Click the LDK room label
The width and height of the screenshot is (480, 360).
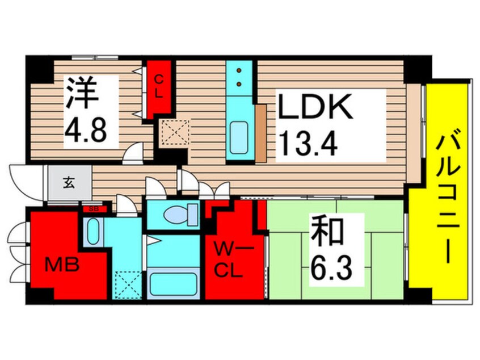coord(315,106)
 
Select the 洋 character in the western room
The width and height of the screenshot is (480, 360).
coord(82,93)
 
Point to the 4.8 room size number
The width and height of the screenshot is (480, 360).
coord(86,130)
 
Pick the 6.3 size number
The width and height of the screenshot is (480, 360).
coord(332,267)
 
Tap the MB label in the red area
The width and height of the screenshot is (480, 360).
coord(62,265)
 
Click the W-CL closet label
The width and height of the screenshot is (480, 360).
coord(230,259)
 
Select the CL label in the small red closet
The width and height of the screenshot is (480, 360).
coord(158,87)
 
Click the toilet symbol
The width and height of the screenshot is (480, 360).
coord(180,215)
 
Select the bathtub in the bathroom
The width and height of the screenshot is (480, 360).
coord(173,284)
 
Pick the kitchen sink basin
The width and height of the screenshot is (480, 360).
coord(238,137)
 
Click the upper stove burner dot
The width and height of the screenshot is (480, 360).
coord(239,70)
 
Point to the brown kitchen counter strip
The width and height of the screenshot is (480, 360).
coord(260,133)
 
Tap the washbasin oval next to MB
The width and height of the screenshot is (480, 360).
coord(93,231)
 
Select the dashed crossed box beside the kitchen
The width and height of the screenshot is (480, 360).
coord(175,132)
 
